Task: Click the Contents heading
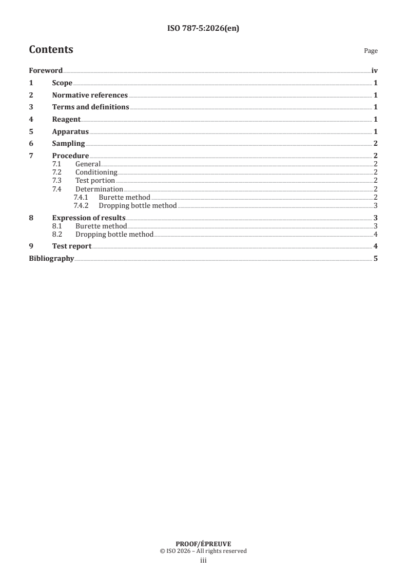(51, 50)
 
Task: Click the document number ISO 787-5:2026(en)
(203, 29)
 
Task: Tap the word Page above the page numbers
(371, 51)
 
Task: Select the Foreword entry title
(46, 71)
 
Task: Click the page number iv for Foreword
(374, 71)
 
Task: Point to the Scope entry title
(62, 83)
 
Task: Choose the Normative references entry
(90, 95)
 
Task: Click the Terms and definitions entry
(90, 107)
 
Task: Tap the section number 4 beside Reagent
(31, 119)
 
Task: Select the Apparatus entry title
(71, 131)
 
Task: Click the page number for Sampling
(376, 144)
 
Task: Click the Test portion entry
(95, 181)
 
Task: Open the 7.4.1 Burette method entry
(124, 197)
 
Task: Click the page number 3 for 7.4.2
(376, 206)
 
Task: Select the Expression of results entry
(89, 218)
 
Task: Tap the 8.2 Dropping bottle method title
(114, 235)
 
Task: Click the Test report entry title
(72, 246)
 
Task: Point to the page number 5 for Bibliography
(376, 258)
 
